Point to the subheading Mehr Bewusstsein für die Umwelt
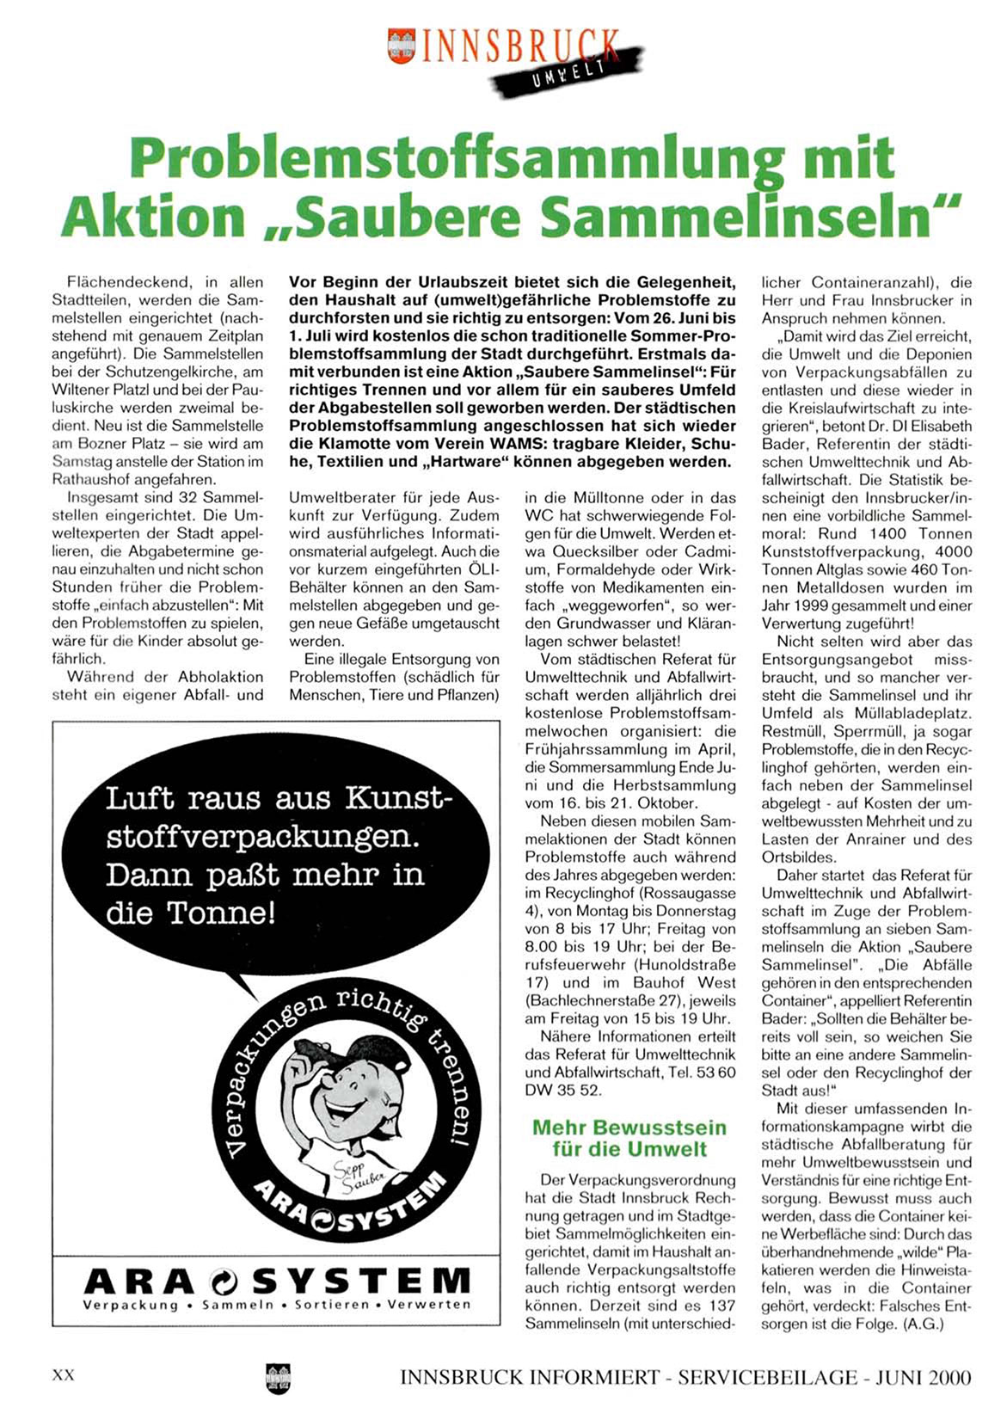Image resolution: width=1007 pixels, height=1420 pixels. [x=629, y=1138]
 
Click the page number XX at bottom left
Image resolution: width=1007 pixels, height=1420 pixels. [x=64, y=1375]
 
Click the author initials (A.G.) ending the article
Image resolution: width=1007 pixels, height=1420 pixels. [x=923, y=1325]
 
